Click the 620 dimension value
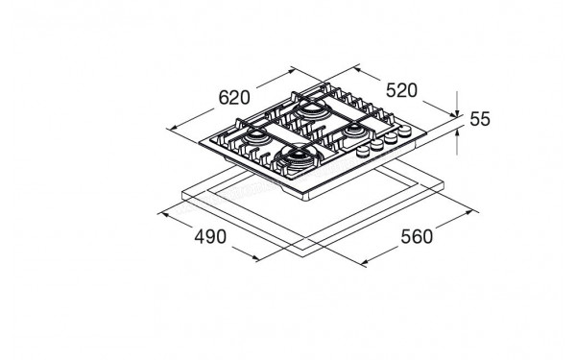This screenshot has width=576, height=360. pyautogui.click(x=233, y=98)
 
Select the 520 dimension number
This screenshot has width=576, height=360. pyautogui.click(x=400, y=90)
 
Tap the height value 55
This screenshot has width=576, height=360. pyautogui.click(x=480, y=119)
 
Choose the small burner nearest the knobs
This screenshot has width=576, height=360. pyautogui.click(x=353, y=128)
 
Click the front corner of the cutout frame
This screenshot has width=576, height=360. pyautogui.click(x=304, y=250)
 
